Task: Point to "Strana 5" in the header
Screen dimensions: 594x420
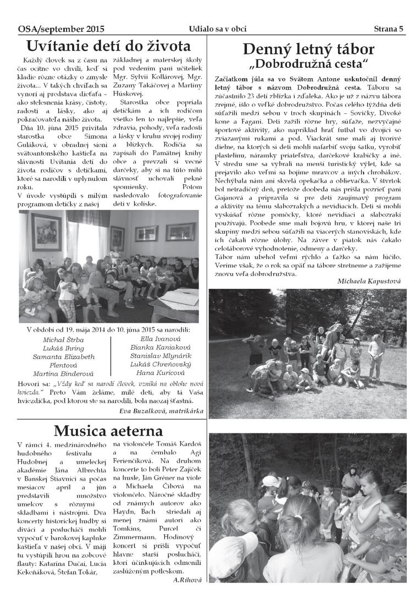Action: point(389,29)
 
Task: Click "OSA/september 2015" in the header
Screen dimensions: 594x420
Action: point(61,29)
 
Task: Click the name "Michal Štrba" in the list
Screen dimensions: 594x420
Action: point(64,339)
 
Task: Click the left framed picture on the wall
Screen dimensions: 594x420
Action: point(47,232)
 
